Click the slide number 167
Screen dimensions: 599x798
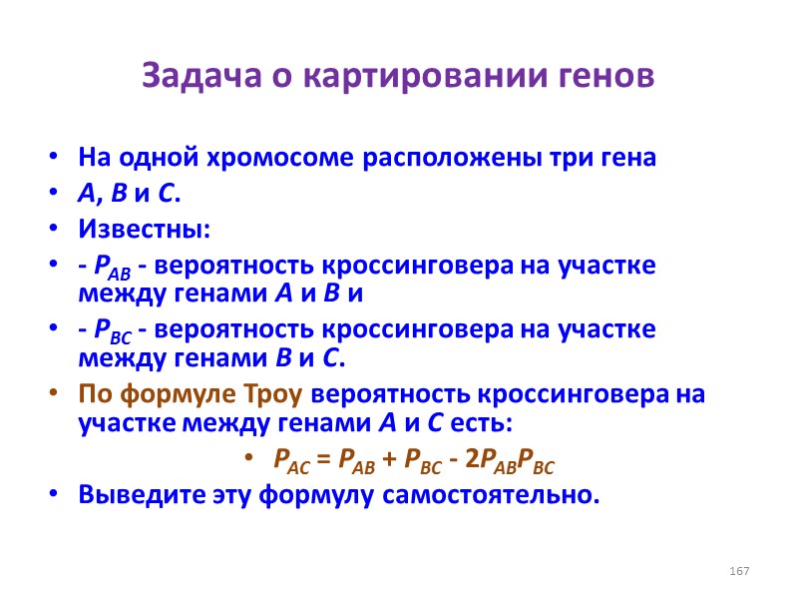(739, 570)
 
